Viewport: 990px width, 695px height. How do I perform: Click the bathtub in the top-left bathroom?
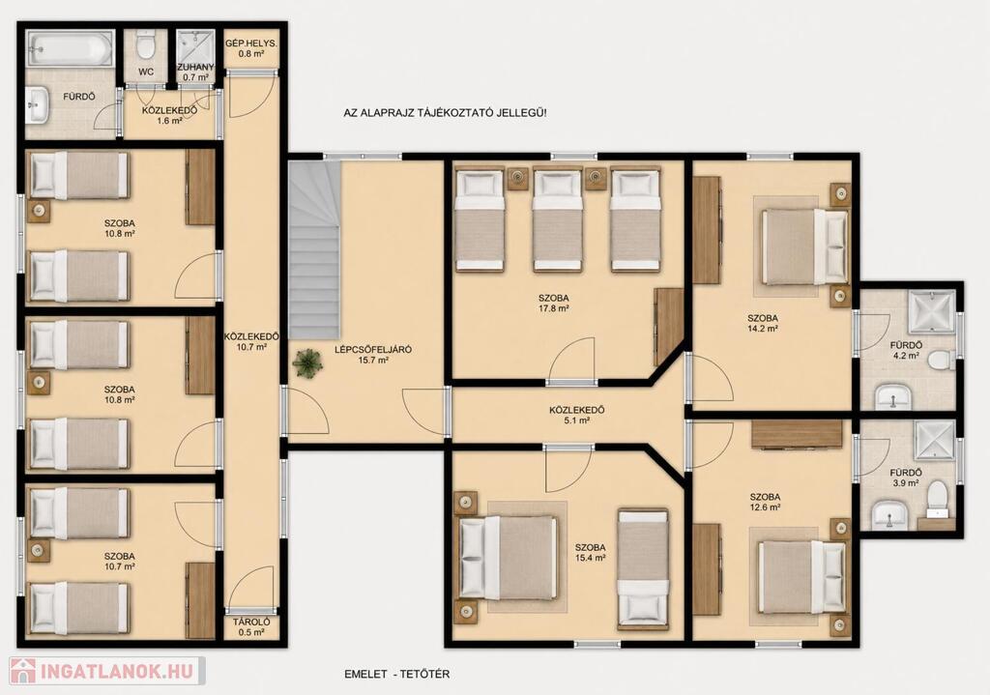[70, 48]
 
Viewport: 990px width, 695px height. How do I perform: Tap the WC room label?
[146, 72]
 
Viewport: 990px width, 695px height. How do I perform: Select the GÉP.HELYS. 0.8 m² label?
[251, 49]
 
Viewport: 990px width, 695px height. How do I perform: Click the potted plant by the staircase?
[307, 363]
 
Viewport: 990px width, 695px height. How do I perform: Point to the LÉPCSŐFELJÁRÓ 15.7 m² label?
[373, 355]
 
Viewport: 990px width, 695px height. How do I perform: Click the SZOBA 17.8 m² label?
[554, 303]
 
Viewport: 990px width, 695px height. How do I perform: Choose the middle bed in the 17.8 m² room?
[557, 219]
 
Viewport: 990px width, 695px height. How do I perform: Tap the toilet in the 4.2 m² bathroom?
[945, 360]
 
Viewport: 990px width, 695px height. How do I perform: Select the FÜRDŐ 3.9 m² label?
[906, 478]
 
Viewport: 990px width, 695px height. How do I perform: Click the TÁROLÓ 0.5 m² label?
[251, 626]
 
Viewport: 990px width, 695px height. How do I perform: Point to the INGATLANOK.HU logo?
[106, 671]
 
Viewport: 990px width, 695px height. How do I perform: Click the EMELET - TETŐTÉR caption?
[397, 674]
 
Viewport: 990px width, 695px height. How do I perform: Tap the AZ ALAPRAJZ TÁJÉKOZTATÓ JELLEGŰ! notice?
[445, 113]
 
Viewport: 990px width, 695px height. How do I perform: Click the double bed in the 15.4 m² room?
[509, 557]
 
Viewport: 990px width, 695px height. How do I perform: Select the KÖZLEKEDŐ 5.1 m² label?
[577, 415]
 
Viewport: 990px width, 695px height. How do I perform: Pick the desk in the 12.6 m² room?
[797, 435]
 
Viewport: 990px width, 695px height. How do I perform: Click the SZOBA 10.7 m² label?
[120, 562]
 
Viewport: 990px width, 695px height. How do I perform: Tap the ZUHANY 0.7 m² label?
[195, 72]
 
